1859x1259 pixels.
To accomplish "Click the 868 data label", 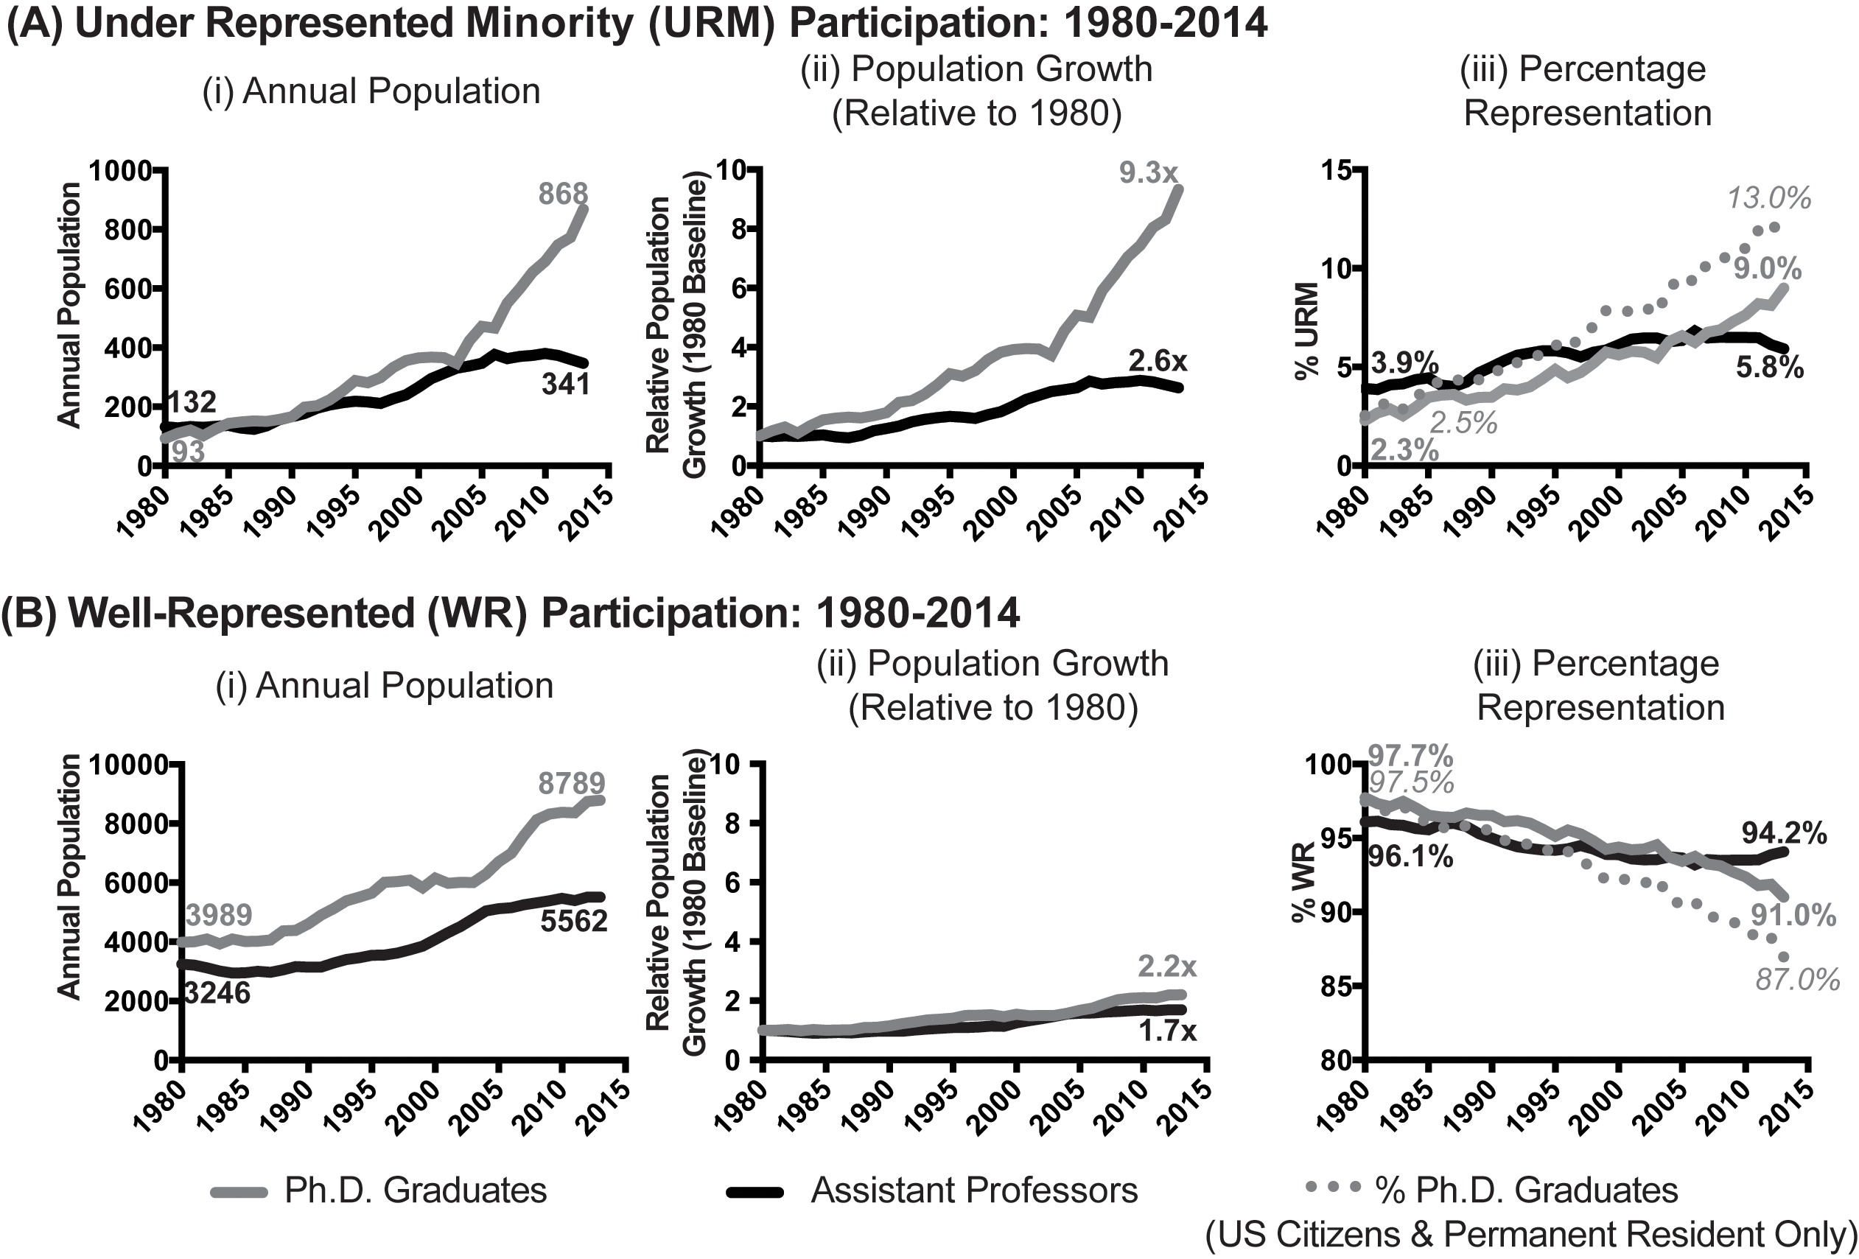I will pos(563,194).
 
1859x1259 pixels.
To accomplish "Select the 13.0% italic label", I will pos(1768,198).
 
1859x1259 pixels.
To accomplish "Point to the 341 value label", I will pos(566,384).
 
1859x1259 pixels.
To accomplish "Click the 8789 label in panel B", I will pos(571,783).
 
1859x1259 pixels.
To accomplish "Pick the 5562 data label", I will pos(573,922).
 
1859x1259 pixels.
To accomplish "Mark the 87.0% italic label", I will pos(1797,980).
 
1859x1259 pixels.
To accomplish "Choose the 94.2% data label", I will pos(1784,834).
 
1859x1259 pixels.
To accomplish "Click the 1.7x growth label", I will pos(1167,1032).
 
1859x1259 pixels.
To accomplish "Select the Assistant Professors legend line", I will pos(755,1192).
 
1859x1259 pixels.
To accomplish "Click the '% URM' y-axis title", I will pos(1306,332).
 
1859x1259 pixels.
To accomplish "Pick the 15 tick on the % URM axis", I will pos(1337,170).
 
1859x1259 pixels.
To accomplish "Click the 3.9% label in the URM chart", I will pos(1404,364).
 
